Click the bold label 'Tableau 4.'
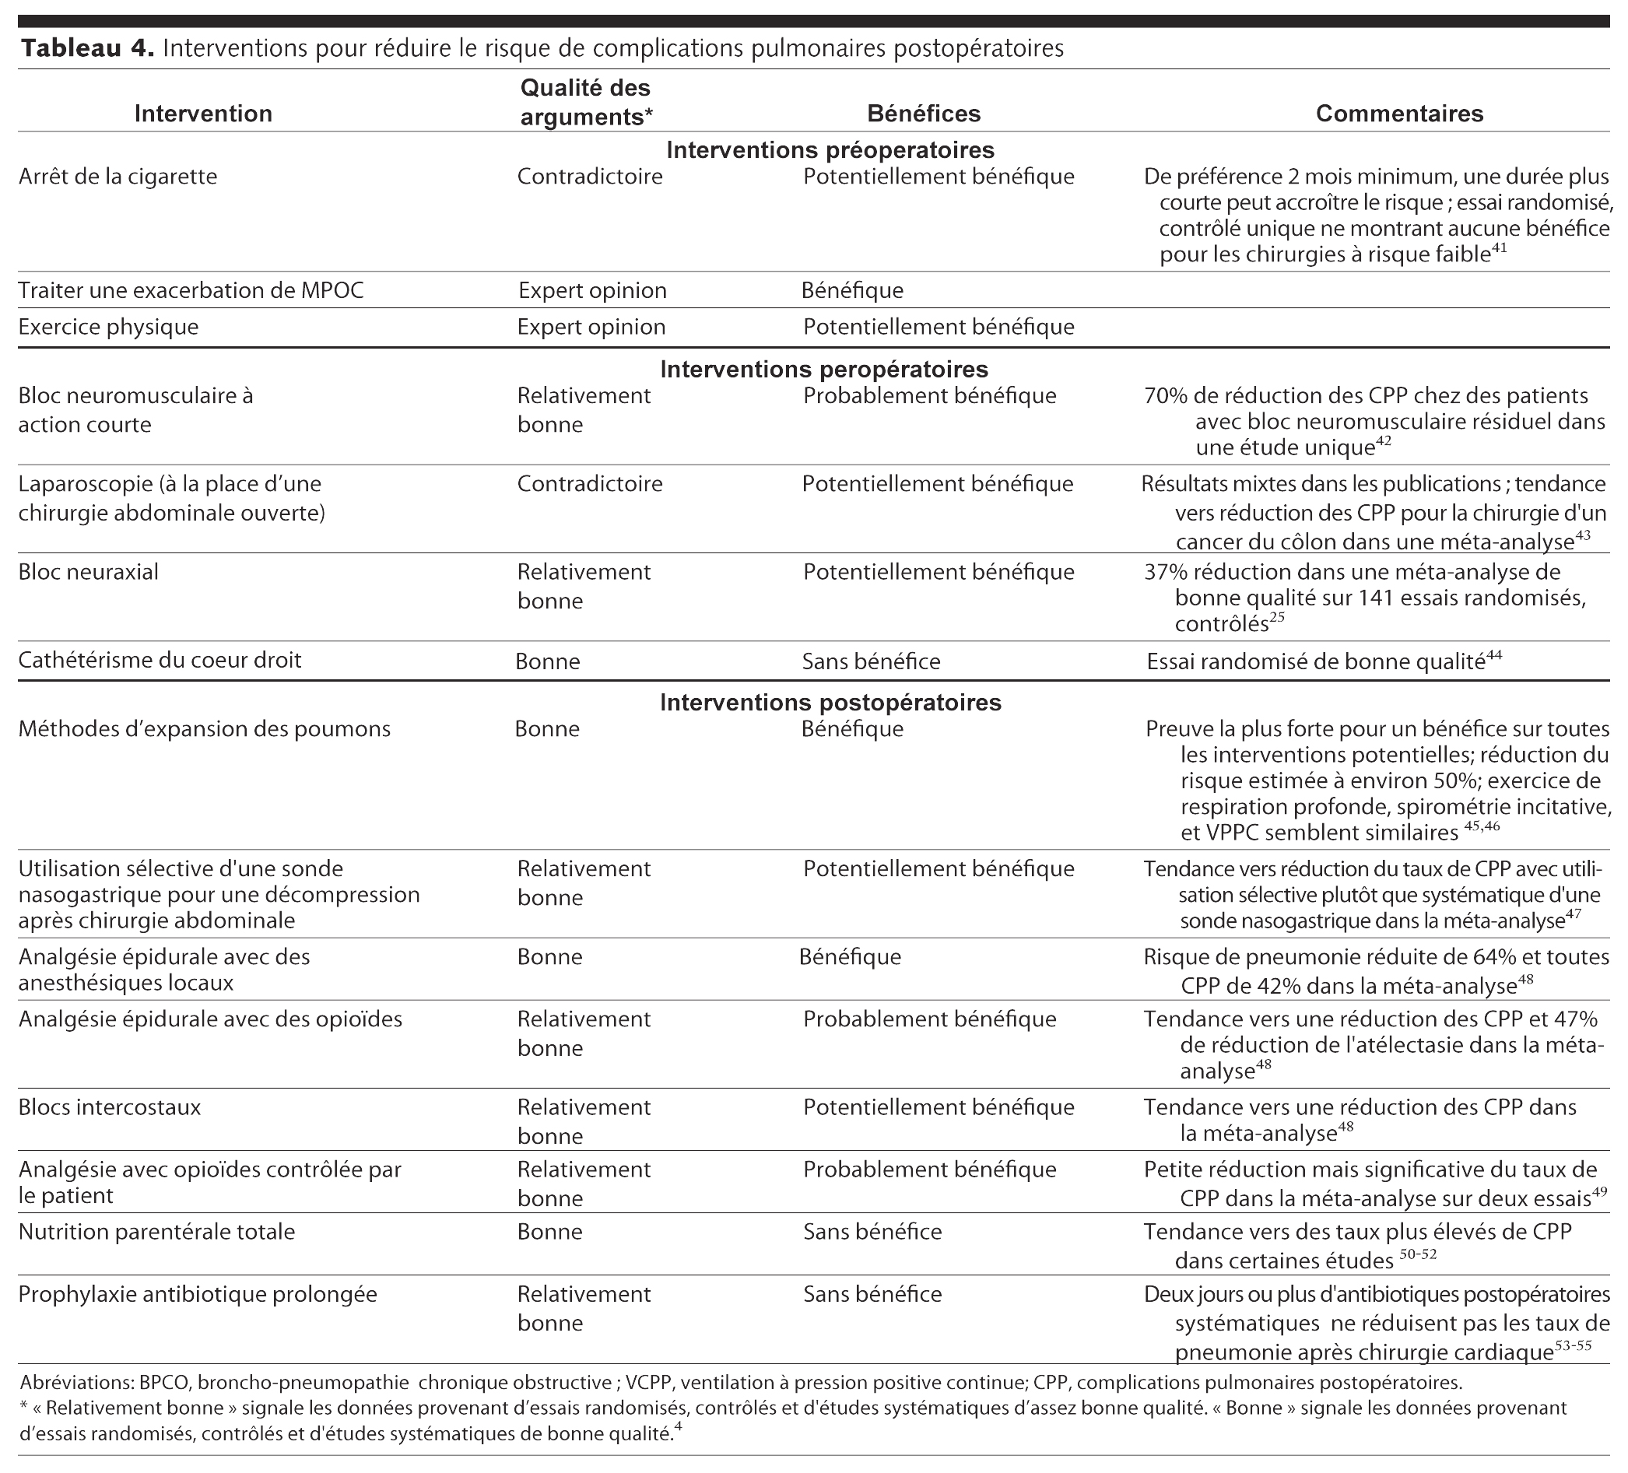(87, 48)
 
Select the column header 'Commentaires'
(1398, 114)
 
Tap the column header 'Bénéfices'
(923, 114)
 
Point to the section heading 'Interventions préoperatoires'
(830, 150)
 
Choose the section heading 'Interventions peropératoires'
(823, 369)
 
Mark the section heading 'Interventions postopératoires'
(830, 702)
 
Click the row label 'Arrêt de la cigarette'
(118, 176)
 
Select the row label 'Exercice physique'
(108, 327)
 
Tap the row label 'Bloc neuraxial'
(89, 572)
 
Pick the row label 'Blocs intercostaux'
(110, 1107)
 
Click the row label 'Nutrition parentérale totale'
(156, 1232)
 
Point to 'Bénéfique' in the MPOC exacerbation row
(852, 291)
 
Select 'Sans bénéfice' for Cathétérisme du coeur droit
(871, 661)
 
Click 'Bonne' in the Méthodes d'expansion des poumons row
(547, 729)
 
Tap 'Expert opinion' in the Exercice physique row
(591, 327)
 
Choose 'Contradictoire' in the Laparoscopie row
(590, 484)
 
